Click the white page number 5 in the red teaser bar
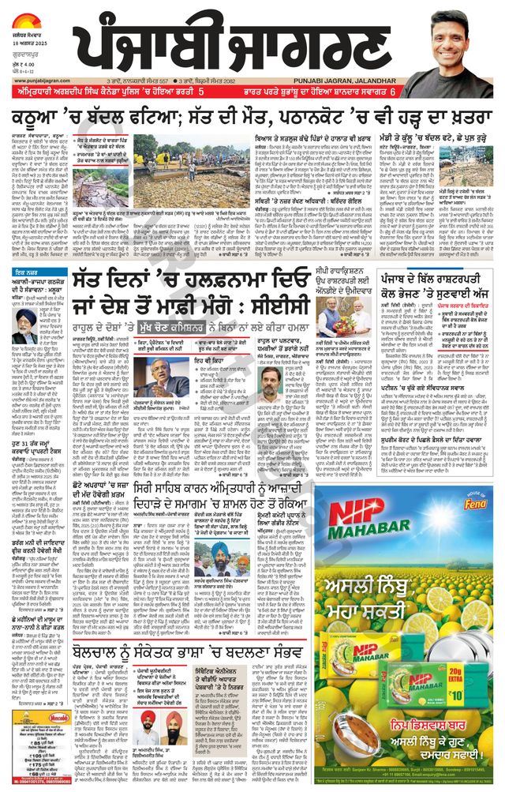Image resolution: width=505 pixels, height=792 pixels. [x=201, y=92]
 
